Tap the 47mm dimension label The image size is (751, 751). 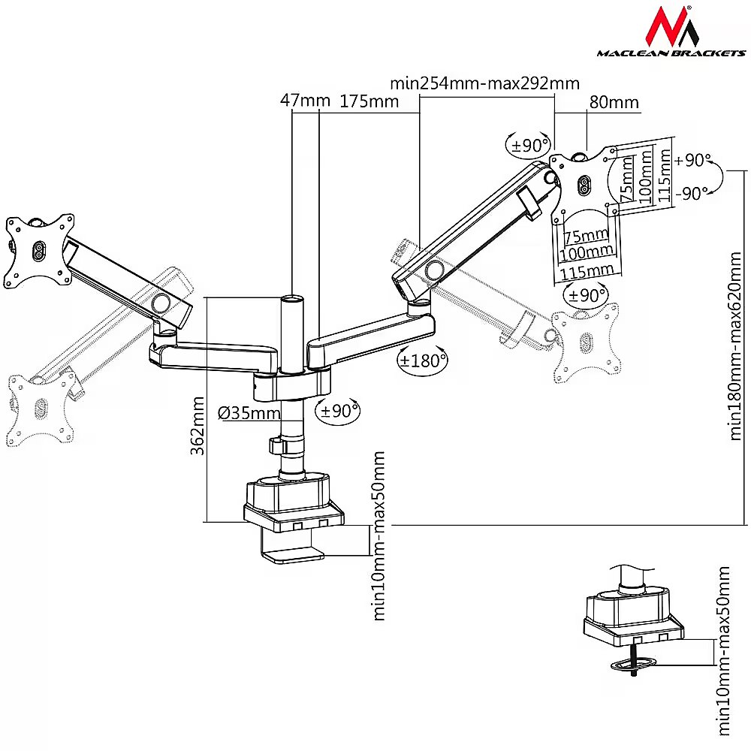click(295, 101)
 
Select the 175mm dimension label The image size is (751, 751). click(369, 101)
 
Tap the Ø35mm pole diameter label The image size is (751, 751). click(246, 412)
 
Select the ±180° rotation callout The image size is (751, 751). click(422, 360)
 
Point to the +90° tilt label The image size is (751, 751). click(692, 160)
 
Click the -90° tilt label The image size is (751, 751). click(692, 193)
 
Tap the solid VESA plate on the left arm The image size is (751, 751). click(37, 249)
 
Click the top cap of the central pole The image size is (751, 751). click(291, 299)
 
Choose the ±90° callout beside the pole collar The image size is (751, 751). click(339, 411)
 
